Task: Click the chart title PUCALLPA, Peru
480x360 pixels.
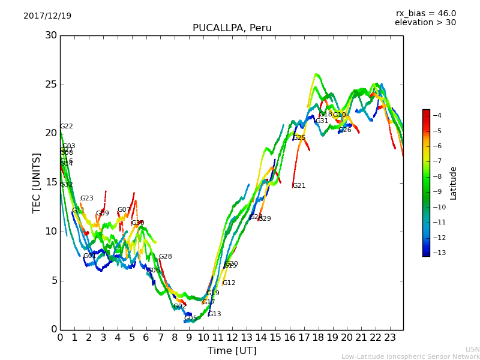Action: pyautogui.click(x=232, y=28)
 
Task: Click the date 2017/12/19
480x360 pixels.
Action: pyautogui.click(x=47, y=16)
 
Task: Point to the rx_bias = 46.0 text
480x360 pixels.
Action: pyautogui.click(x=425, y=13)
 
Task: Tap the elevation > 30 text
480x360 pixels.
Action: pyautogui.click(x=425, y=23)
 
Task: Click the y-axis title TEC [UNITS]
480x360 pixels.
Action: pyautogui.click(x=37, y=182)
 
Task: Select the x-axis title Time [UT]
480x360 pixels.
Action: pyautogui.click(x=232, y=350)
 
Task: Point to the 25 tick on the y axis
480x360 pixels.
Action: pyautogui.click(x=51, y=84)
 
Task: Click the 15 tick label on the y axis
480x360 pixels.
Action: pyautogui.click(x=51, y=182)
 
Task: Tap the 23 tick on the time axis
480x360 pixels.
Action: pyautogui.click(x=390, y=337)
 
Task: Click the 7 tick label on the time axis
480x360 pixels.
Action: pyautogui.click(x=160, y=337)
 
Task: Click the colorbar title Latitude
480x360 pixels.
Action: pyautogui.click(x=454, y=182)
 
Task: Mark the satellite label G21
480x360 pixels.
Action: pyautogui.click(x=299, y=186)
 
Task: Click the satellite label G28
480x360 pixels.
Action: pyautogui.click(x=165, y=257)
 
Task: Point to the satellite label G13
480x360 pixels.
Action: pyautogui.click(x=214, y=314)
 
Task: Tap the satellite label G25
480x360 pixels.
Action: pyautogui.click(x=299, y=138)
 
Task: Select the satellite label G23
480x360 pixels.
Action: pyautogui.click(x=87, y=199)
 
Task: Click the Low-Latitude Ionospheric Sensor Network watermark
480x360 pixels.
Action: pyautogui.click(x=410, y=356)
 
